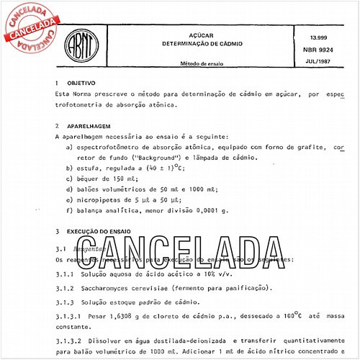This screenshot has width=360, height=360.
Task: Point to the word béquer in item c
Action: coord(88,179)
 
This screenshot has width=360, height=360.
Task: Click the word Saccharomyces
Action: coord(113,288)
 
